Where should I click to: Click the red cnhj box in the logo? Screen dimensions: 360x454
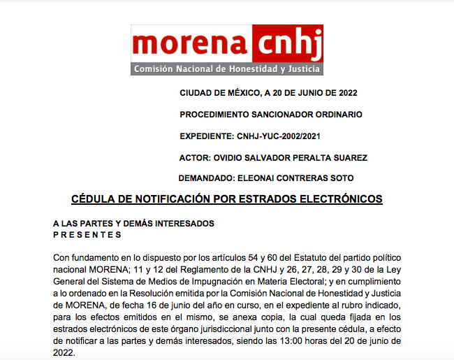tap(287, 44)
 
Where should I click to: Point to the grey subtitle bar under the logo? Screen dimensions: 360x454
tap(226, 70)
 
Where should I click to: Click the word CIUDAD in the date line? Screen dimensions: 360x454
tap(196, 93)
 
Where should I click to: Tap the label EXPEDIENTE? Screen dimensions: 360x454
tap(207, 136)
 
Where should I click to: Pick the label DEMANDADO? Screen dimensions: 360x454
tap(207, 178)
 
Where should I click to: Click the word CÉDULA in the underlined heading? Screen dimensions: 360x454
tap(92, 199)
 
